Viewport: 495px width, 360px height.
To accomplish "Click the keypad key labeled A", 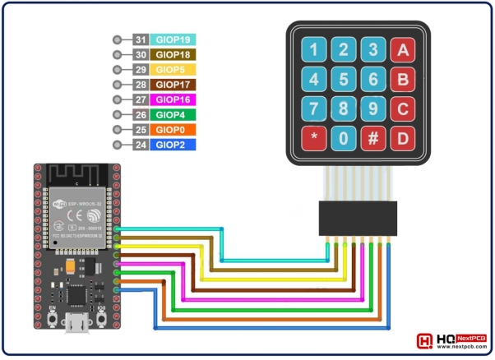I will (403, 50).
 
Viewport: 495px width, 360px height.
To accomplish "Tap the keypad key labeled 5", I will (345, 80).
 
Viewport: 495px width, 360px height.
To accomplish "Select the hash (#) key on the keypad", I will (373, 138).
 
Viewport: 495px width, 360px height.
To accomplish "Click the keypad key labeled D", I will (403, 138).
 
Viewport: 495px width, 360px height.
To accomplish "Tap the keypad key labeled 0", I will (345, 138).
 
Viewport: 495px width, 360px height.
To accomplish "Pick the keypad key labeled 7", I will (315, 108).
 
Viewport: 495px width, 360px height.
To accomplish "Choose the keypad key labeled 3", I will (373, 50).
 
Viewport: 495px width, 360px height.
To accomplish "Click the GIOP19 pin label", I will (173, 39).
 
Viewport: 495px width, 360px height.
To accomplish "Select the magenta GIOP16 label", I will (173, 99).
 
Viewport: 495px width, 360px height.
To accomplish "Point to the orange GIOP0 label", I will (173, 130).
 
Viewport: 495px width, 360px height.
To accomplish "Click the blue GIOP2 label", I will (173, 145).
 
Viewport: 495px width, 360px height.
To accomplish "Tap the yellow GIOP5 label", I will (173, 70).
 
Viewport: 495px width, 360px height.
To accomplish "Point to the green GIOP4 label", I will (173, 115).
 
